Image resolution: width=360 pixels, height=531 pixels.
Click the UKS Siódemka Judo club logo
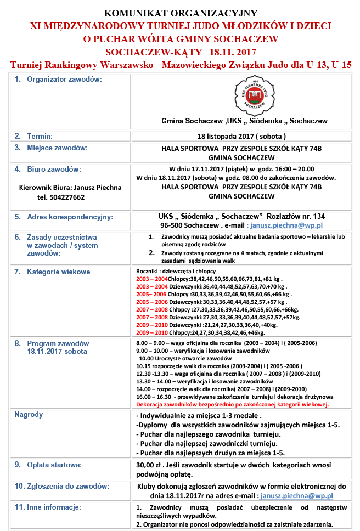click(x=252, y=94)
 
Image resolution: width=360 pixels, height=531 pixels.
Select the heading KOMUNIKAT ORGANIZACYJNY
click(x=181, y=13)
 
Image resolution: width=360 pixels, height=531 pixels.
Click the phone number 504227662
click(x=61, y=197)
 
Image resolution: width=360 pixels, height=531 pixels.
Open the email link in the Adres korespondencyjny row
click(x=286, y=225)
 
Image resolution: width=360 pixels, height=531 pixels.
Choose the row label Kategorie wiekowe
click(x=59, y=272)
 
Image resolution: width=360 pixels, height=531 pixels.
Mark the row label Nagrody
click(x=29, y=415)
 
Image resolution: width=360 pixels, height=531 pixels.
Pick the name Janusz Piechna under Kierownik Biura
click(x=97, y=187)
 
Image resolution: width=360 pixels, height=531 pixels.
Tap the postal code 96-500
click(x=173, y=225)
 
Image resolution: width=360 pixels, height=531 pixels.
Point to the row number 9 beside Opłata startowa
click(x=18, y=465)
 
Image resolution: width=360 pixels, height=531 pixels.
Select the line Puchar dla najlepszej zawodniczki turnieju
click(x=206, y=443)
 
